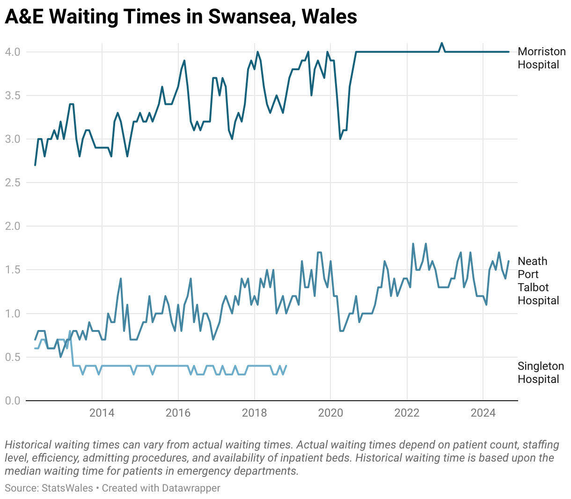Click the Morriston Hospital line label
(541, 58)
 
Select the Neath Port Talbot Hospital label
(538, 281)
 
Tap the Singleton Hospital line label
(541, 373)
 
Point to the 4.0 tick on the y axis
(13, 52)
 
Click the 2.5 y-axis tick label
(13, 183)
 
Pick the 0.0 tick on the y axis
(13, 401)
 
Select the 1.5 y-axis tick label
(13, 270)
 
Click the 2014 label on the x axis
(102, 413)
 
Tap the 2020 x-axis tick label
(330, 413)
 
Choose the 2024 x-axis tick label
(483, 413)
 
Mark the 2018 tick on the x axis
(254, 413)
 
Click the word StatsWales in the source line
(67, 488)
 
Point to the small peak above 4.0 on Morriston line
(441, 43)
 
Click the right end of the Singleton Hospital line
(286, 366)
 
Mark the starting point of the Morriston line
(35, 165)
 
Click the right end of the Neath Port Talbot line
(509, 261)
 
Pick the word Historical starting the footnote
(28, 445)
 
